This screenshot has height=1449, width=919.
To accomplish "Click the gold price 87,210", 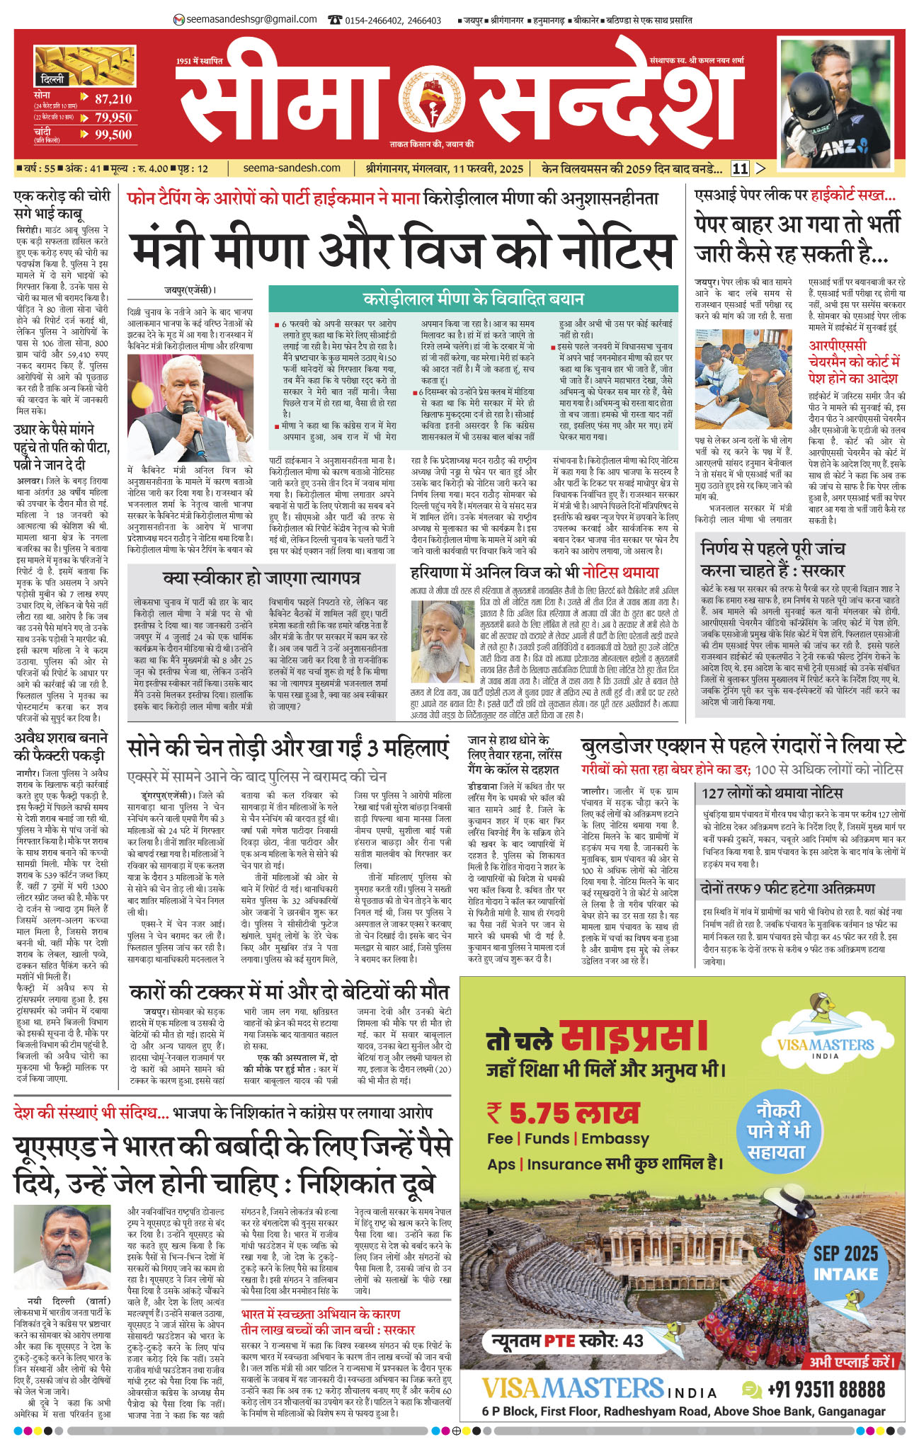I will pos(113,100).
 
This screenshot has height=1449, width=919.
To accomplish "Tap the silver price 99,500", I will pos(113,134).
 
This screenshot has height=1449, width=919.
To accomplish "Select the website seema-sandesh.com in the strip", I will pos(292,168).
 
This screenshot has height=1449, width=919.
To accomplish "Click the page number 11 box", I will pos(740,168).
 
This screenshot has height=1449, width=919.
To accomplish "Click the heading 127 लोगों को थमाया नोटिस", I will pos(772,793).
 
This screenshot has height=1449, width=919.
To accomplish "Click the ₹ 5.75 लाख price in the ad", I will pos(564,1113).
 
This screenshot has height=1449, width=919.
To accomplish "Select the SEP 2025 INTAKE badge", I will pos(845,1263).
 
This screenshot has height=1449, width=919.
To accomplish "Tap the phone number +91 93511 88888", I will pos(826,1389).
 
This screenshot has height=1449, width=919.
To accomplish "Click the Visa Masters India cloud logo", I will pos(825,1041).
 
